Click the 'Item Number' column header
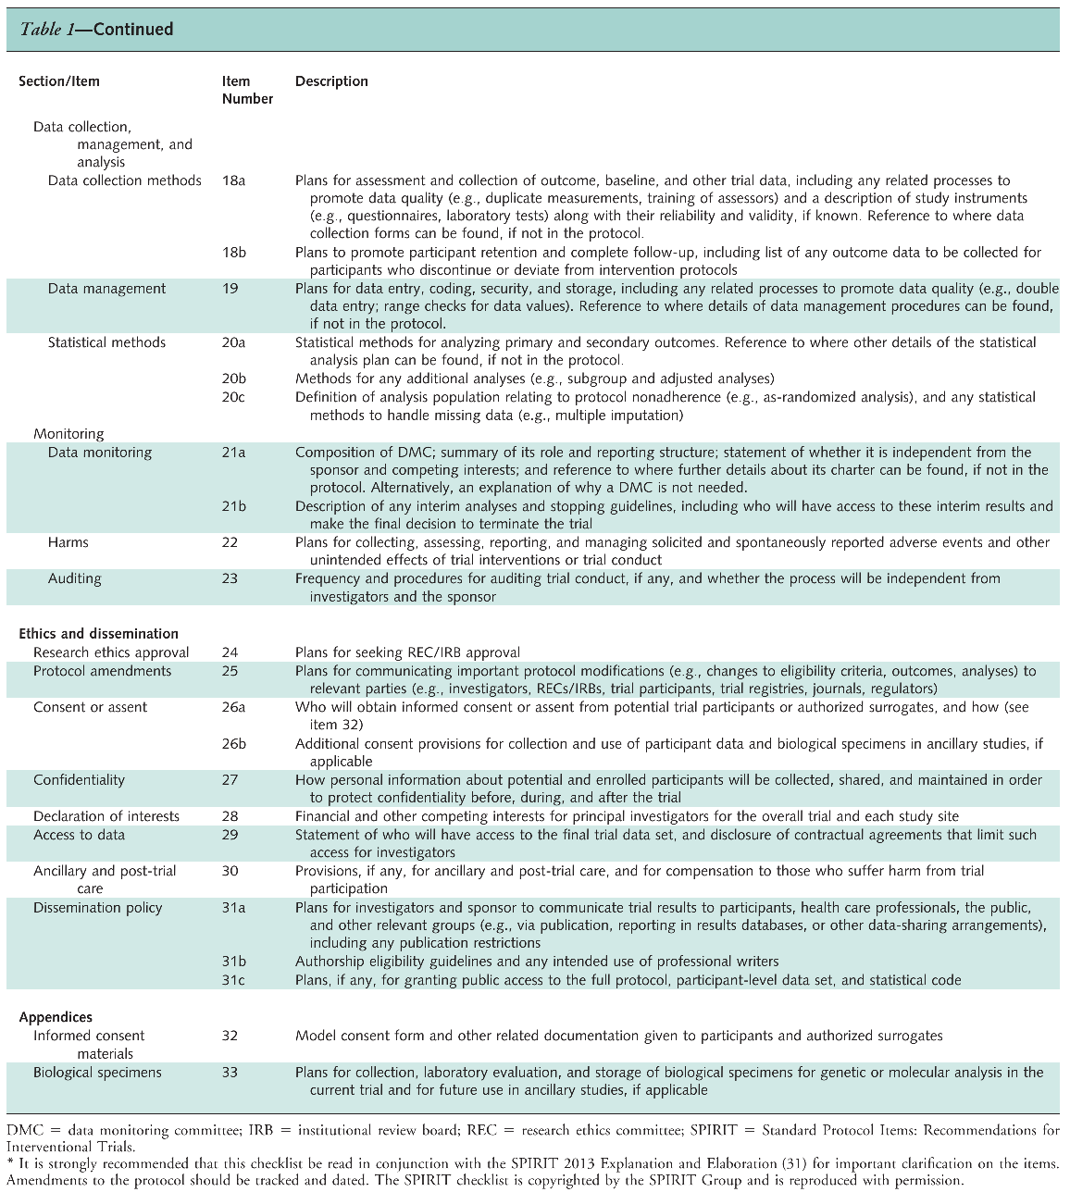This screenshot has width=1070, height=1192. tap(247, 90)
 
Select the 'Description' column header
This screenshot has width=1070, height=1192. tap(331, 81)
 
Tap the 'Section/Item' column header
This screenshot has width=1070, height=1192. tap(59, 81)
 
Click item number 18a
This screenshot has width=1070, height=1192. tap(233, 180)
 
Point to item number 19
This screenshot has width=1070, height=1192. tap(230, 289)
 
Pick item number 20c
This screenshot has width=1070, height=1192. tap(233, 397)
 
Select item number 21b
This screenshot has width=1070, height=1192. tap(234, 506)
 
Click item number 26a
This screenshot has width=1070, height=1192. tap(234, 707)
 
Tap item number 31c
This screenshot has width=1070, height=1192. tap(233, 980)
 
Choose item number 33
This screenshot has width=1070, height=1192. tap(230, 1073)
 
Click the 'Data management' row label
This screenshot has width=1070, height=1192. tap(106, 289)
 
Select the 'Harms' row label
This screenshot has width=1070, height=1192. tap(68, 542)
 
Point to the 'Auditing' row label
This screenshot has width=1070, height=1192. tap(75, 578)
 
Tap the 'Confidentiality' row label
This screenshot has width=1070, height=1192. tap(79, 780)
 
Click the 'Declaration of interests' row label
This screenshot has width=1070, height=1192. tap(106, 816)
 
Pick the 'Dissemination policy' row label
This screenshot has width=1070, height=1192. tap(97, 908)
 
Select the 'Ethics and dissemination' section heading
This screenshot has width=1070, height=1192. tap(99, 634)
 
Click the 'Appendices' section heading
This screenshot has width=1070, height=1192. tap(56, 1017)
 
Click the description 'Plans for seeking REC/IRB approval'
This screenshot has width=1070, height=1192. tap(407, 652)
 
